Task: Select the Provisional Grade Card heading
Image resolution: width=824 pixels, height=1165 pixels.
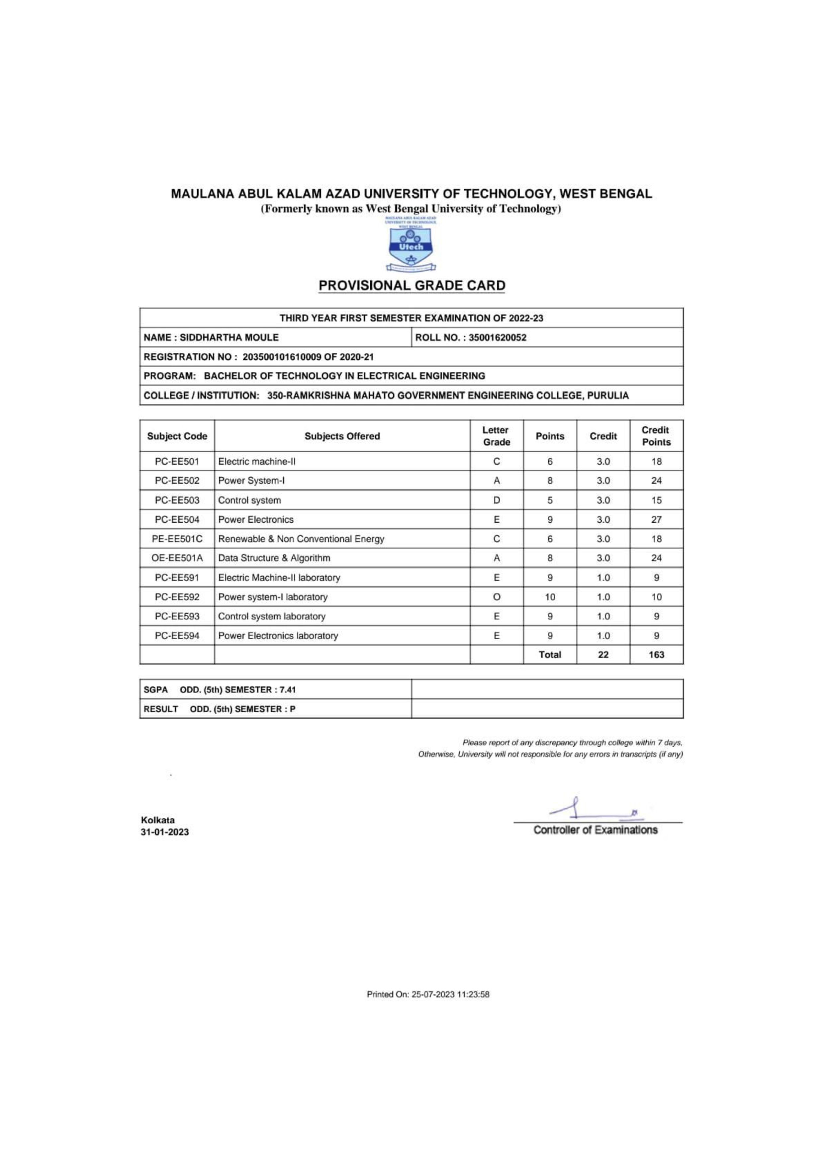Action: click(x=412, y=286)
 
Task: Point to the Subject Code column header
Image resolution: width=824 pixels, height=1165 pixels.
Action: click(x=177, y=436)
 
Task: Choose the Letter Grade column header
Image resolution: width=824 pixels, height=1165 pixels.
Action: click(x=496, y=436)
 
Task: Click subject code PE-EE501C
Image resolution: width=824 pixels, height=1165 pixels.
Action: click(x=177, y=539)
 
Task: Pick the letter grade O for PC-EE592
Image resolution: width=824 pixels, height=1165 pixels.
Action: click(x=496, y=597)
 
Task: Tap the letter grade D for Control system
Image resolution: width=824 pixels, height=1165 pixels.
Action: click(x=496, y=500)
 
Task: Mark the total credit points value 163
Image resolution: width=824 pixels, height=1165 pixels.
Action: click(x=656, y=655)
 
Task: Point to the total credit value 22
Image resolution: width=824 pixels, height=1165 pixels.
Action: click(x=603, y=655)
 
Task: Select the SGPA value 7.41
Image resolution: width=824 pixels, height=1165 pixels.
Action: click(x=288, y=689)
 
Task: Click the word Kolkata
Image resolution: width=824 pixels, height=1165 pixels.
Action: click(x=158, y=820)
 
